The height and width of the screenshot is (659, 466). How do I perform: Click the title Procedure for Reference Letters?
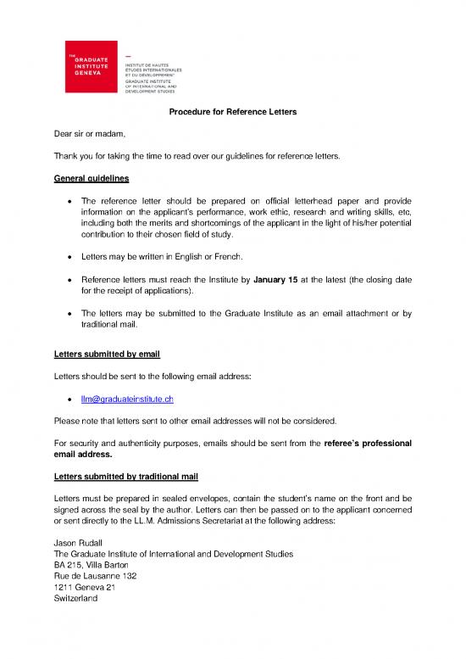point(233,114)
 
